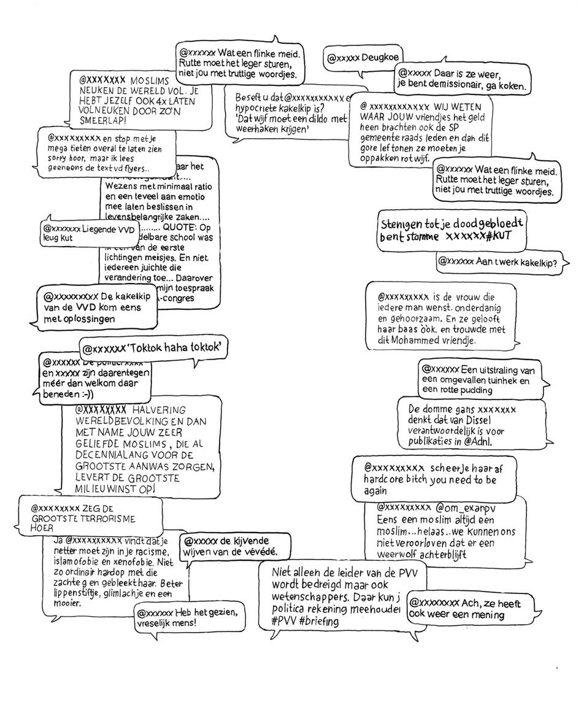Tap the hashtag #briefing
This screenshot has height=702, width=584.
click(x=320, y=621)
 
